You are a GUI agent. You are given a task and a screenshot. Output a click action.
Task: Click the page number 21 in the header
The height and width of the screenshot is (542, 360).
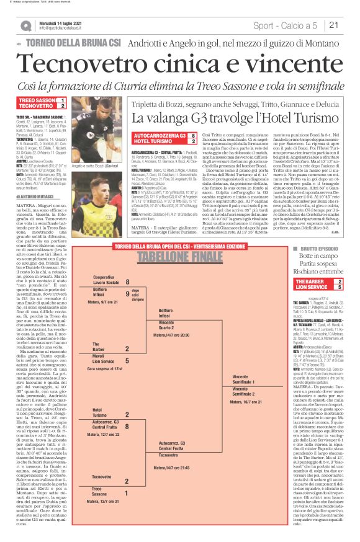pyautogui.click(x=333, y=25)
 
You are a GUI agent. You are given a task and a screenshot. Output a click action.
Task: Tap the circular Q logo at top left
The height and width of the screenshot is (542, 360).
pyautogui.click(x=25, y=25)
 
